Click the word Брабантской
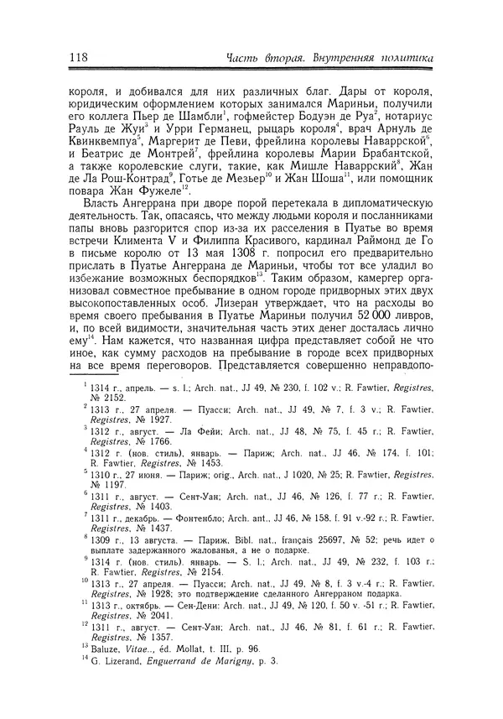(x=388, y=157)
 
